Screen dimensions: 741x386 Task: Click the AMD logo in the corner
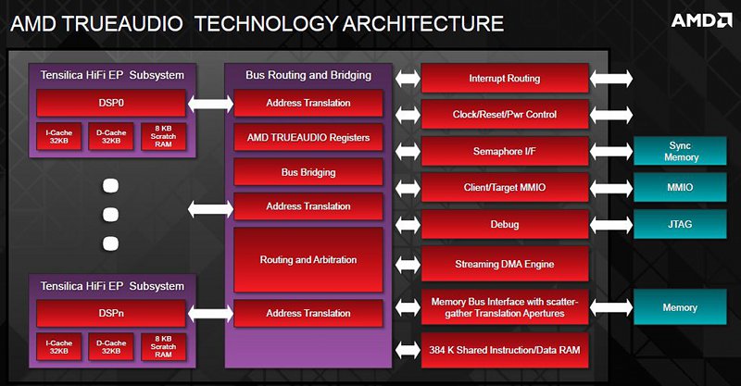click(702, 20)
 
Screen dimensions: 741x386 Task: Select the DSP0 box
click(111, 103)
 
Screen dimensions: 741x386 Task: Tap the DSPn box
click(111, 313)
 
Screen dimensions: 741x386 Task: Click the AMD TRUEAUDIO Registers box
click(308, 138)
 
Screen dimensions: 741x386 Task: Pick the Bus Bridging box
click(308, 172)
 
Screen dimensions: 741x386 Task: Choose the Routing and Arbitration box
click(308, 260)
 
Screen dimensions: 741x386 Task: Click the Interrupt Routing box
click(505, 79)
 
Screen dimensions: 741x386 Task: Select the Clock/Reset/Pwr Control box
click(505, 115)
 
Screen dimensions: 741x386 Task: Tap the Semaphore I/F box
click(505, 151)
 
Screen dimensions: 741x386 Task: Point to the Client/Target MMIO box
click(505, 188)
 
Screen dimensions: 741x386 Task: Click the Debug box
click(505, 224)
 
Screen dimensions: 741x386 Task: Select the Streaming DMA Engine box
click(505, 264)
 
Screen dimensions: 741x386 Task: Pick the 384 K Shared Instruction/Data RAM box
click(505, 350)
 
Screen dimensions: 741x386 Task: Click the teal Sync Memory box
click(680, 151)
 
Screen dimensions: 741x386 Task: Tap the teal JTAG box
click(680, 224)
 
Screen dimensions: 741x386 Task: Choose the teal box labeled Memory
click(680, 307)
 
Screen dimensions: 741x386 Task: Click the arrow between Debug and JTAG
click(611, 224)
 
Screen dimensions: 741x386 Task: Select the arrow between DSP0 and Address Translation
click(210, 104)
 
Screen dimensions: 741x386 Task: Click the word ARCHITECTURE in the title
click(423, 24)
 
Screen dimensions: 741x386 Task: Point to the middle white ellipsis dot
click(110, 215)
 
